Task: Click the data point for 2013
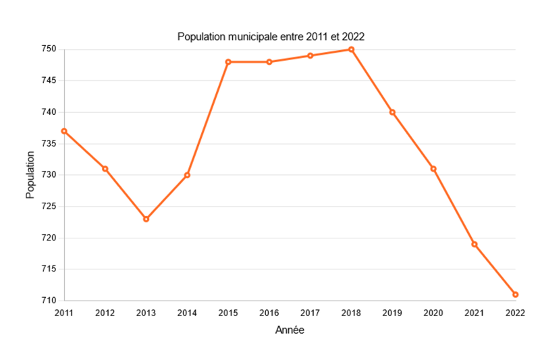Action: [x=146, y=219]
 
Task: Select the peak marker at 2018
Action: [x=351, y=49]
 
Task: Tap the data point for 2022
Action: [x=515, y=294]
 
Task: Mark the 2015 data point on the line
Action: [x=228, y=62]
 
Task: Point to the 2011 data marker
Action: [x=64, y=131]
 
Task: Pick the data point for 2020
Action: [x=433, y=169]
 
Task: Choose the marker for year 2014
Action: [x=187, y=175]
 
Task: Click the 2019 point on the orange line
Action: [x=392, y=112]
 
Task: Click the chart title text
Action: [x=271, y=36]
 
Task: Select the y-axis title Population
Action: [x=30, y=175]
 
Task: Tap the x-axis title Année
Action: [x=290, y=330]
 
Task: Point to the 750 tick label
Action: [x=48, y=49]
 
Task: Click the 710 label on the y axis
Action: [x=48, y=301]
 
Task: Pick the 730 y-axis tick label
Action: [x=48, y=175]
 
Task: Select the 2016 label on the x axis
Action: [x=269, y=313]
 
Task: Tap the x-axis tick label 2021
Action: [x=474, y=313]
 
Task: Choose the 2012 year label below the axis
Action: [x=105, y=313]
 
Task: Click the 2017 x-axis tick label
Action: [x=310, y=313]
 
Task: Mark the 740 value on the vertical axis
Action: [x=48, y=112]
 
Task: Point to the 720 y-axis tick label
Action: [x=48, y=238]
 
